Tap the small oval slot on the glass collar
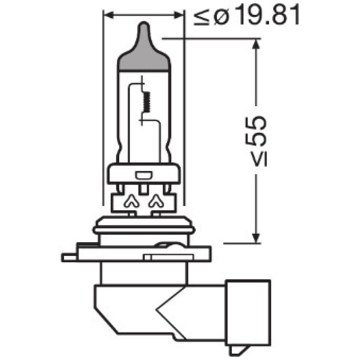144,174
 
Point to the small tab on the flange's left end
67,257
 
